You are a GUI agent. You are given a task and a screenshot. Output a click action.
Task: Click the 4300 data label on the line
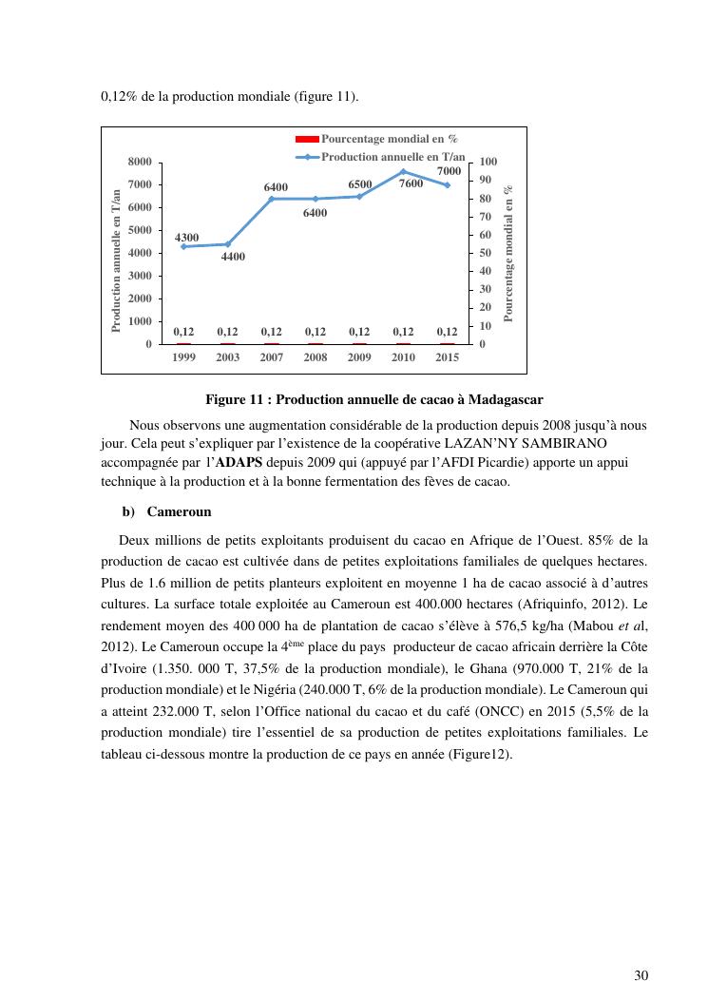(x=186, y=237)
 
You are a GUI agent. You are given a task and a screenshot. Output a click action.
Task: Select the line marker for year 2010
(x=403, y=171)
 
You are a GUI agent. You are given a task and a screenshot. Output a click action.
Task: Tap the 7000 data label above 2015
(x=449, y=171)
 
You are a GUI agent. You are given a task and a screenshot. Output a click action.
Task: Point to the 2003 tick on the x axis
(x=227, y=357)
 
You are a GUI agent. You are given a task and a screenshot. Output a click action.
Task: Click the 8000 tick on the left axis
(x=140, y=163)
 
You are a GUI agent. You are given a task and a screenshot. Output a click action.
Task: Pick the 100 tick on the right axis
(x=488, y=163)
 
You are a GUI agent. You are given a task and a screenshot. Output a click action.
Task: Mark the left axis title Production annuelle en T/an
(x=117, y=260)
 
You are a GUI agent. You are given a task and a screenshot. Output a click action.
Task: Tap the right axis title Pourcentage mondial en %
(x=508, y=254)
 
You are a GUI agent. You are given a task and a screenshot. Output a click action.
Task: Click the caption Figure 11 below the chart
(x=373, y=398)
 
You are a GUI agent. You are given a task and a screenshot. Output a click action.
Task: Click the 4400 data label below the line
(x=234, y=257)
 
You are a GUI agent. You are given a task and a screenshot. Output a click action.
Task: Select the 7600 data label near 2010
(x=411, y=183)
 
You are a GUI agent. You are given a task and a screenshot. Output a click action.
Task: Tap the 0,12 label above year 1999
(x=183, y=332)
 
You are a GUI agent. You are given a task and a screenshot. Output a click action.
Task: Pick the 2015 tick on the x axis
(x=448, y=357)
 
